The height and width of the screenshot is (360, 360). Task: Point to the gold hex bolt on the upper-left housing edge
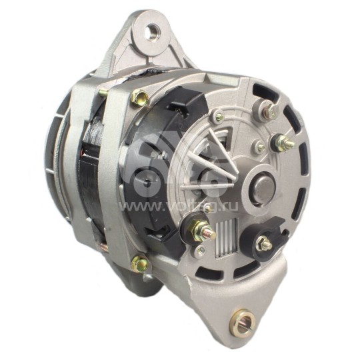(139, 99)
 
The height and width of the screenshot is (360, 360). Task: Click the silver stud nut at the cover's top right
(269, 111)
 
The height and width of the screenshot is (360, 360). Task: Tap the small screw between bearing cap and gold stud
(259, 147)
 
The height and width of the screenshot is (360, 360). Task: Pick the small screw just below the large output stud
(201, 251)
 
